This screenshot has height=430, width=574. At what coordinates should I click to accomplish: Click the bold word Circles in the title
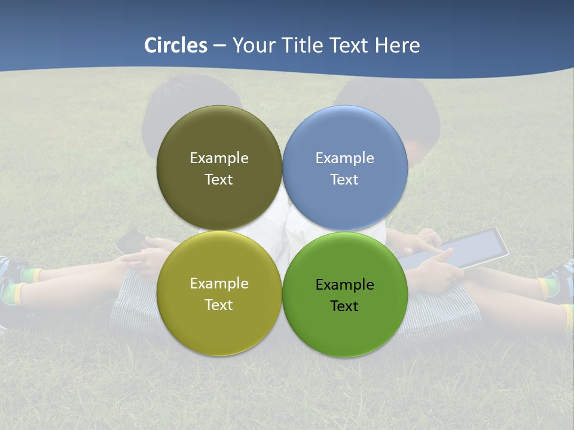(176, 45)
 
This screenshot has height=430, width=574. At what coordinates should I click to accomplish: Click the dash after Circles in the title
(219, 46)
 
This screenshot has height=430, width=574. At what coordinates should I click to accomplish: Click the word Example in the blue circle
(344, 158)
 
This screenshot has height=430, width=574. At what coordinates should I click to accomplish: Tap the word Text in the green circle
(344, 306)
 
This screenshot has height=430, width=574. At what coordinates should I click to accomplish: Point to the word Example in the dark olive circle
(219, 158)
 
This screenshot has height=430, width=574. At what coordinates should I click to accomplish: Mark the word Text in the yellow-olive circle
(219, 305)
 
